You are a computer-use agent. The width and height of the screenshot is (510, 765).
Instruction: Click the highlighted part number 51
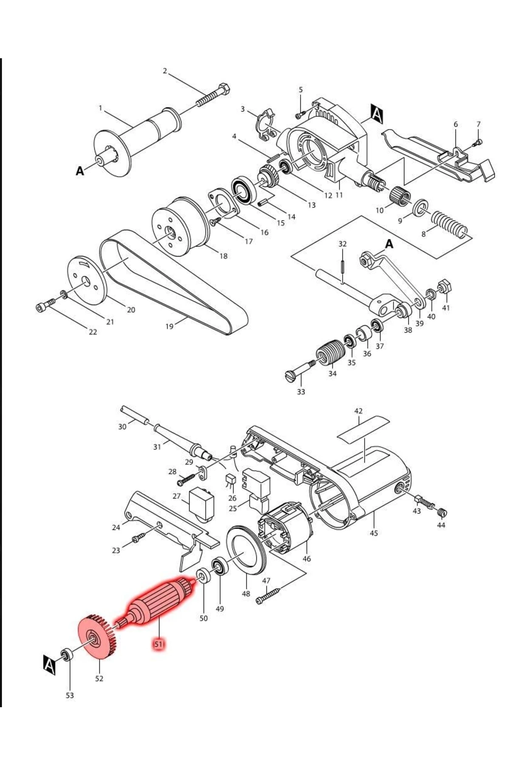click(x=159, y=644)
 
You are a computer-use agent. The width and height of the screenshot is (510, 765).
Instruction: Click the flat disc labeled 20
click(x=87, y=280)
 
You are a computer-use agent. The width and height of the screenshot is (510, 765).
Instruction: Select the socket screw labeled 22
click(x=45, y=305)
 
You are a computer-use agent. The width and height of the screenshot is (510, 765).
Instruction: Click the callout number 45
click(x=374, y=533)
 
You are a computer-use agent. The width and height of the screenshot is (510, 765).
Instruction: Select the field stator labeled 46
click(x=284, y=529)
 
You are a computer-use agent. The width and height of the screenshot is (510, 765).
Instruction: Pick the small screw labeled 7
click(x=479, y=142)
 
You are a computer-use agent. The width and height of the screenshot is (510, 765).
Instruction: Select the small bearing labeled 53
click(x=67, y=654)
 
